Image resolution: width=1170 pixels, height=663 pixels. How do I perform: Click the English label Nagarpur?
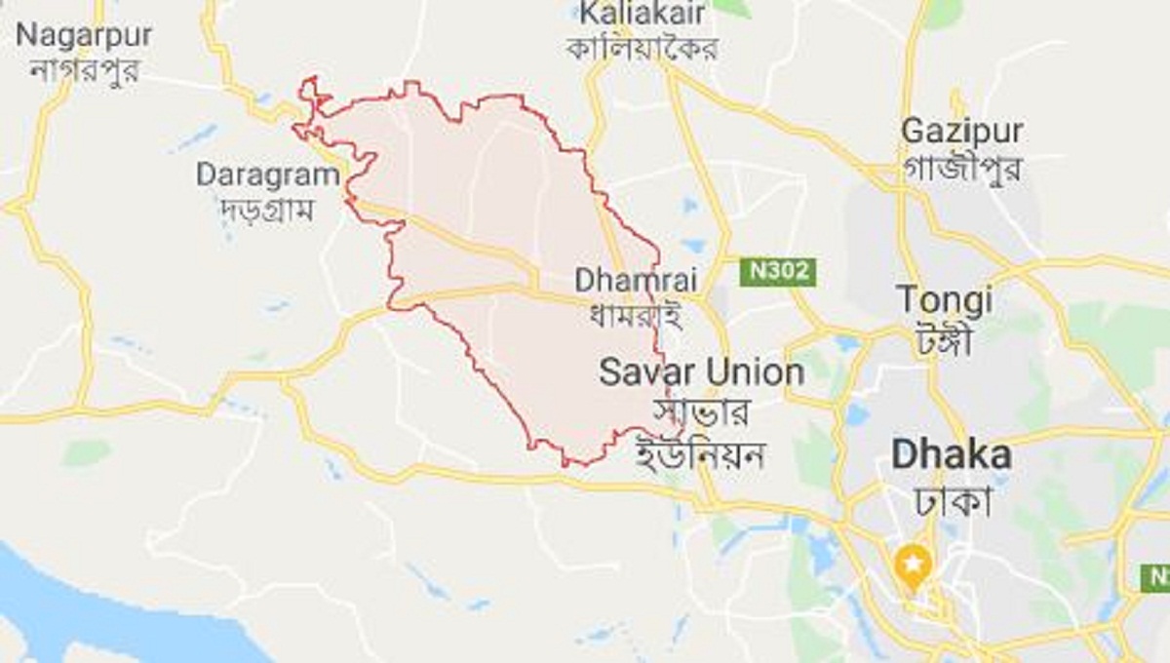coord(84,35)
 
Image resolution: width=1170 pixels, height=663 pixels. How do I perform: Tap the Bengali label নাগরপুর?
coord(84,70)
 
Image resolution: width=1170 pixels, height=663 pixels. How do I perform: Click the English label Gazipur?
coord(961,131)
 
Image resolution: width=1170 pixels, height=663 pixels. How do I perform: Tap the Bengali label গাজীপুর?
coord(961,167)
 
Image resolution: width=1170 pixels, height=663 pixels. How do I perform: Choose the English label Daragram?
coord(268,175)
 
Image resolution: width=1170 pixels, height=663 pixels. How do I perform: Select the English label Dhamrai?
coord(636,280)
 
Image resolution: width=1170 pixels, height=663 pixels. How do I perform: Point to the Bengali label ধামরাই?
coord(635,314)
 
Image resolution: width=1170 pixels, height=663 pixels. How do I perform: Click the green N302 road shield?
coord(777,271)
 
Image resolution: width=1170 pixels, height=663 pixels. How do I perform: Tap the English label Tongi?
coord(944,299)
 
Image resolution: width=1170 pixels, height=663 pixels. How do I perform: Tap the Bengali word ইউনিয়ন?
coord(700,453)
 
